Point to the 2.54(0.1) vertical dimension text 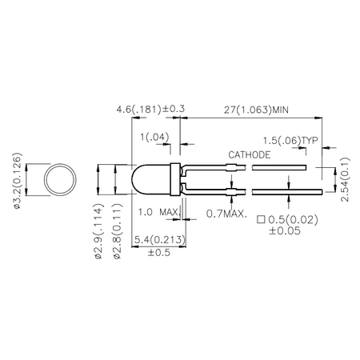[343, 180]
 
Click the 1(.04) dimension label [155, 138]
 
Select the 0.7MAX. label [226, 214]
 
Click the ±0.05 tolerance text [286, 230]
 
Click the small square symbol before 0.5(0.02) [262, 218]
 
